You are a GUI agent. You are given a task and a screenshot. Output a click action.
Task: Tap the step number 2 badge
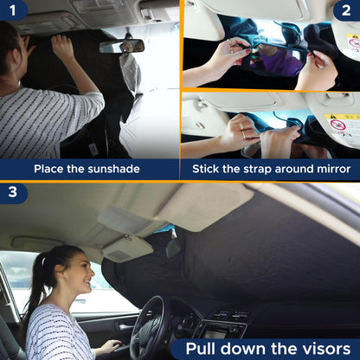click(x=347, y=10)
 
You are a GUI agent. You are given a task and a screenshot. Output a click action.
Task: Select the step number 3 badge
click(x=12, y=192)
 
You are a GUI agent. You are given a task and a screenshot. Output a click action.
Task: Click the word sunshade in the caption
click(x=112, y=168)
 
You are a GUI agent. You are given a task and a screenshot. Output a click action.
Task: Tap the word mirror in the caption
click(x=330, y=168)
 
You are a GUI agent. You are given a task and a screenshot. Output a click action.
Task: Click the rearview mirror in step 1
click(x=121, y=45)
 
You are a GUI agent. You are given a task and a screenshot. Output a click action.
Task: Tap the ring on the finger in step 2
click(x=245, y=135)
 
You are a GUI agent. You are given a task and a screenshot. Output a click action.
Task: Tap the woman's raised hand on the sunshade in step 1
click(x=62, y=48)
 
